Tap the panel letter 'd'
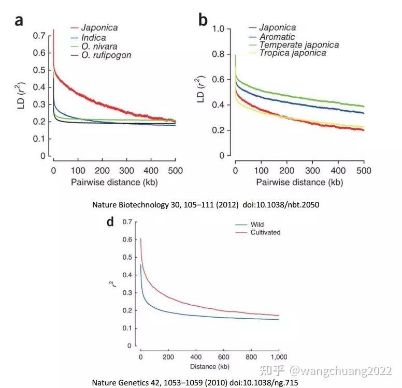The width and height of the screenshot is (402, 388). click(x=110, y=222)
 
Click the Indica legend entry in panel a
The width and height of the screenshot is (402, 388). click(x=93, y=38)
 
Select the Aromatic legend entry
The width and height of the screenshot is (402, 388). click(x=284, y=37)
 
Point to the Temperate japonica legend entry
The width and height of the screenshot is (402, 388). click(x=299, y=45)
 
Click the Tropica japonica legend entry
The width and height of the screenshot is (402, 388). click(x=293, y=53)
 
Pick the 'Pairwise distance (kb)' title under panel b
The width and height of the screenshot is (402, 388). click(x=299, y=183)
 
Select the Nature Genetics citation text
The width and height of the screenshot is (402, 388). click(x=195, y=382)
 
